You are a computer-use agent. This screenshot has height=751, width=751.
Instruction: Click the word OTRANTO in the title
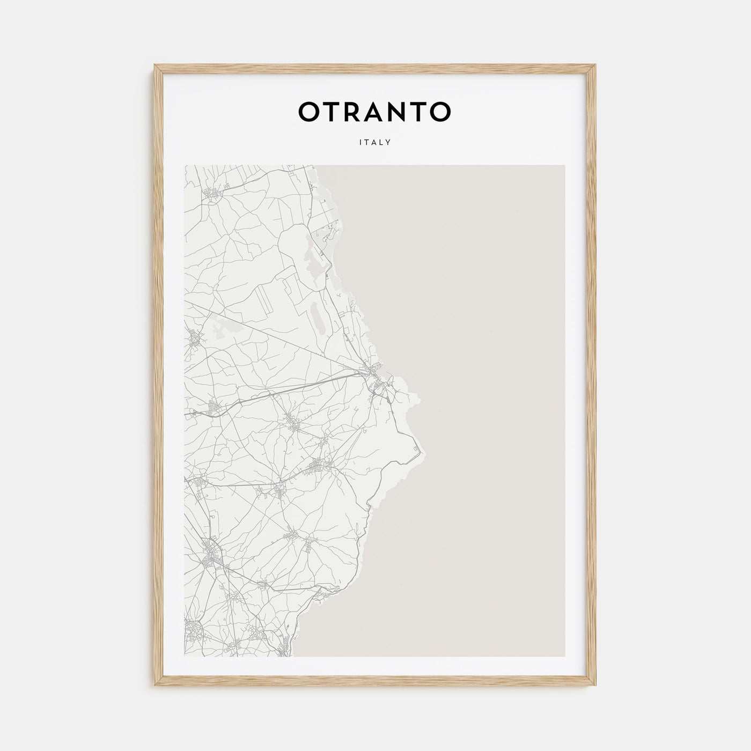click(x=374, y=112)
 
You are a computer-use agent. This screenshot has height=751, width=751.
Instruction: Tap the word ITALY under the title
click(x=375, y=143)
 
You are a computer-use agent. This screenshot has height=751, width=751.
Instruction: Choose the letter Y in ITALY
click(x=388, y=143)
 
